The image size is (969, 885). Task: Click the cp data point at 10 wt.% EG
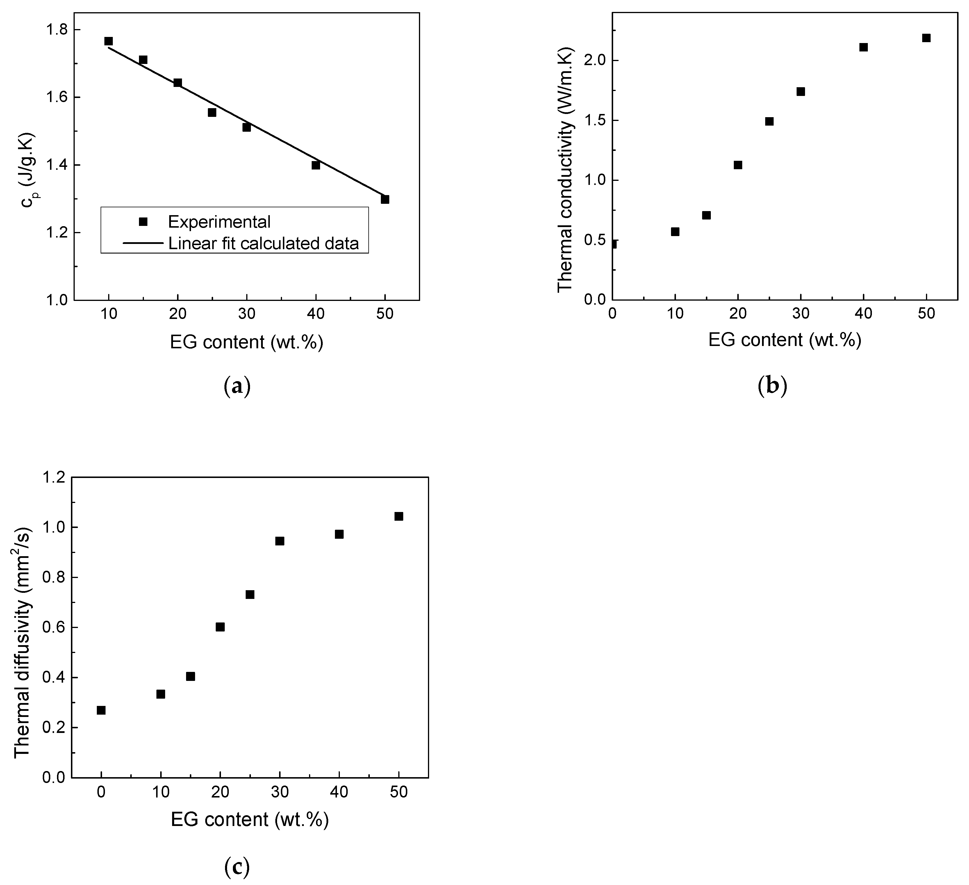point(109,41)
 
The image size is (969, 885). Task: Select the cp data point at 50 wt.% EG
point(385,199)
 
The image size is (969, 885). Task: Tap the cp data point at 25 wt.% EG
point(212,113)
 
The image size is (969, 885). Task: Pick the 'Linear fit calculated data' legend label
point(263,243)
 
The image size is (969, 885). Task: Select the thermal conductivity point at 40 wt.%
point(863,47)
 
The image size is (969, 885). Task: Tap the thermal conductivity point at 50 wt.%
point(926,38)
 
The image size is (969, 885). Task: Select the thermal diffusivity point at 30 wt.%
point(280,541)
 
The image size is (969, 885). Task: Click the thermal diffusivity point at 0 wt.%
point(101,711)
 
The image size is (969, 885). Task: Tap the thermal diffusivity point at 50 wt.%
point(399,516)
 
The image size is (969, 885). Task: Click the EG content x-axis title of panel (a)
point(246,342)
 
